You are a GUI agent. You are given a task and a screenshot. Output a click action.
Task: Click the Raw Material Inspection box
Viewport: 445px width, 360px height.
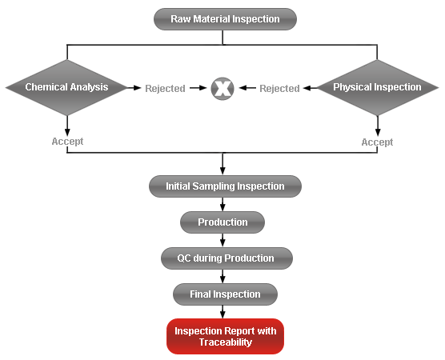coord(225,19)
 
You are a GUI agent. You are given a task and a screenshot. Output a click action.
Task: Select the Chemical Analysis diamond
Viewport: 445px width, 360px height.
coord(67,87)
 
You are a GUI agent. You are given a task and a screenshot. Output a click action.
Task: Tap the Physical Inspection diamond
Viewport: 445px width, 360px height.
coord(377,87)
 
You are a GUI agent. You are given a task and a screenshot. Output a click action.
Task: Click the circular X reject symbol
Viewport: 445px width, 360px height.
coord(222,89)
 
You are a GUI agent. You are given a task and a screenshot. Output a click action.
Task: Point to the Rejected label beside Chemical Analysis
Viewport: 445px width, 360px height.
coord(165,89)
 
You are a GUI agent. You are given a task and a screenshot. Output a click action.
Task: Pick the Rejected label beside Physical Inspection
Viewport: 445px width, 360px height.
coord(279,89)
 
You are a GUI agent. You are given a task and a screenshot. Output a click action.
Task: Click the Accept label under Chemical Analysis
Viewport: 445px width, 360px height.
coord(67,142)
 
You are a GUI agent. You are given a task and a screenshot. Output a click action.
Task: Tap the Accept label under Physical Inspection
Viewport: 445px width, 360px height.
coord(377,142)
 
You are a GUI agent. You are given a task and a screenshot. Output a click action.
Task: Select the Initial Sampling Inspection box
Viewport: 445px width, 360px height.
coord(225,186)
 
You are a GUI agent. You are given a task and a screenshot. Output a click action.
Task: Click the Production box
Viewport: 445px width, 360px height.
coord(222,222)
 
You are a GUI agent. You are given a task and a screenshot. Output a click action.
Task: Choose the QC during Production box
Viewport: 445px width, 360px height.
coord(227,258)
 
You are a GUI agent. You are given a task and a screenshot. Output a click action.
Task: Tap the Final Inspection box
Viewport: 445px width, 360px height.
coord(225,294)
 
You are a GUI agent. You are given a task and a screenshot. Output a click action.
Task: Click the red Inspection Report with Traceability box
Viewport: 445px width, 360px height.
coord(225,337)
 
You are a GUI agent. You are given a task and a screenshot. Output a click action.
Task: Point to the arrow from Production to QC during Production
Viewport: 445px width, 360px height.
coord(222,240)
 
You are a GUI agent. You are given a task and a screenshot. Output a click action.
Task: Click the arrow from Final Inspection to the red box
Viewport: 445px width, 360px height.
coord(222,312)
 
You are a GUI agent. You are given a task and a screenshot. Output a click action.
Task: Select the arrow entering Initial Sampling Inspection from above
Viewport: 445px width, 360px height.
coord(222,164)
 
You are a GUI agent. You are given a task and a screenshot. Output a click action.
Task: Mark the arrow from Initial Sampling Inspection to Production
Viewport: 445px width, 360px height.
coord(222,204)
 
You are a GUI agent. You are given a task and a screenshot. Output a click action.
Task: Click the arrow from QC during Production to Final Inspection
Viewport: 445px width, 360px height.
coord(222,276)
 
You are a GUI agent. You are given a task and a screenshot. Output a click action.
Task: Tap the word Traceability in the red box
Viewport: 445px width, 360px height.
coord(226,342)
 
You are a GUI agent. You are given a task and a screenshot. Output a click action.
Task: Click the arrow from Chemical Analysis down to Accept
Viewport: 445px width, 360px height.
coord(67,126)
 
